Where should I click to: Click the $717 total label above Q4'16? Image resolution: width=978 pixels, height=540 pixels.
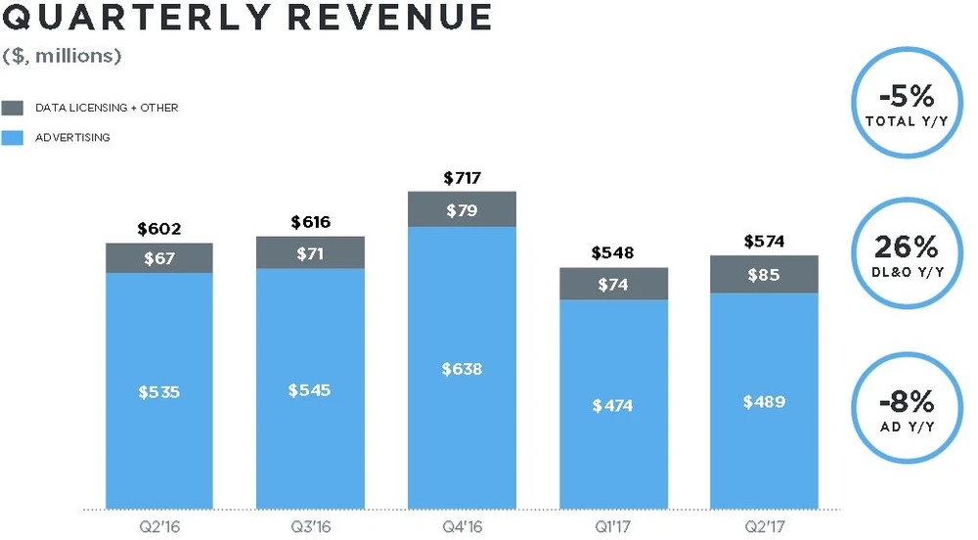[462, 178]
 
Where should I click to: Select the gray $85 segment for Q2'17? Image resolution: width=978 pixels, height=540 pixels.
[764, 275]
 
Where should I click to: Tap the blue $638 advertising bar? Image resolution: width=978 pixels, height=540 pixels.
[462, 368]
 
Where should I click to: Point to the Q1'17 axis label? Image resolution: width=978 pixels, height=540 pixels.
[613, 525]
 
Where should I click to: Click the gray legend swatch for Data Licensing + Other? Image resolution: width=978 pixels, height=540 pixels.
[14, 108]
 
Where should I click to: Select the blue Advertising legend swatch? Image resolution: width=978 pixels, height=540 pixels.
[14, 138]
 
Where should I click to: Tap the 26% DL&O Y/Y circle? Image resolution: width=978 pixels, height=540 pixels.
[906, 253]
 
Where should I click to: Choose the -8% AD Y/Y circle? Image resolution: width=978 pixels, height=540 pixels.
[906, 408]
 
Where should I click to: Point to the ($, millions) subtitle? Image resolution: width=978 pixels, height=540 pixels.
[61, 56]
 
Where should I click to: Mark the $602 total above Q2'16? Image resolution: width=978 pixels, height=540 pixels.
[159, 229]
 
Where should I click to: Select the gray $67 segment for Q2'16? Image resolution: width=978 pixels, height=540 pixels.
[159, 257]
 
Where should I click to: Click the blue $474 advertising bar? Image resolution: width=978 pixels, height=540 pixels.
[613, 404]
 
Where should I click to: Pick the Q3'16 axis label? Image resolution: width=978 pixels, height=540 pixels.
[310, 525]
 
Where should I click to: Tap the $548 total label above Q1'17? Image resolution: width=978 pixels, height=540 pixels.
[613, 253]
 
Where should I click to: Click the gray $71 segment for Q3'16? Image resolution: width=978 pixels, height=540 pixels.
[310, 252]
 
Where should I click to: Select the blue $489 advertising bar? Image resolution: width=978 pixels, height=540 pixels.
[764, 401]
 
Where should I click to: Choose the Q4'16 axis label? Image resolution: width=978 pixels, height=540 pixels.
[462, 525]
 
